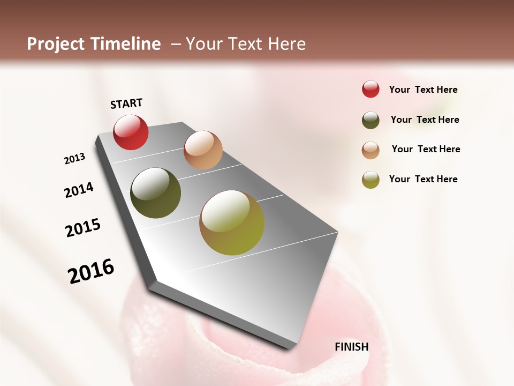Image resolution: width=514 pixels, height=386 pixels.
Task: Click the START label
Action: coord(126,103)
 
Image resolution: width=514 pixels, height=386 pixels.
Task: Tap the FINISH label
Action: coord(351,347)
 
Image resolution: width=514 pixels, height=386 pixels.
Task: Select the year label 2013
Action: coord(75,159)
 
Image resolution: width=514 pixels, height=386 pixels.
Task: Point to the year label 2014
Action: coord(79,190)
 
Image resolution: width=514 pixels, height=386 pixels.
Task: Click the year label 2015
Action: coord(83,228)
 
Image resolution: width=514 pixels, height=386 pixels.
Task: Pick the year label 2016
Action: coord(91,271)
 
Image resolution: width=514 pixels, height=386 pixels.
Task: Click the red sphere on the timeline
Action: coord(131,132)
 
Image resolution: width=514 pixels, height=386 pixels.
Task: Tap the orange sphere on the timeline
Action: coord(203,150)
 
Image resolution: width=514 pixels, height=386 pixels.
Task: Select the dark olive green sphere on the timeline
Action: coord(156,193)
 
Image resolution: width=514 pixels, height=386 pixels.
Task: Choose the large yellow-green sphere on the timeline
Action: coord(232,222)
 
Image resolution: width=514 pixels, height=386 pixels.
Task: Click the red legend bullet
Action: coord(371,89)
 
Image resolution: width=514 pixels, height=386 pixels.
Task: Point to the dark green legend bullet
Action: coord(371,120)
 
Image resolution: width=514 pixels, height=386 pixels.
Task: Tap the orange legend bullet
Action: coord(371,150)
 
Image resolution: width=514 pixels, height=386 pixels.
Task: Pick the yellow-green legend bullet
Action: coord(371,180)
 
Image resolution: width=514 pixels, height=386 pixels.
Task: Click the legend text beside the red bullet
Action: coord(423,90)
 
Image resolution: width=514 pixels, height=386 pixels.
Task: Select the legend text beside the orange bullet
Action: coord(426,149)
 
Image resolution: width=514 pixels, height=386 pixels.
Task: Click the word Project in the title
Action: coord(56,44)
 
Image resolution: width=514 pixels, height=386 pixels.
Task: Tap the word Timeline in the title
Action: coord(128,44)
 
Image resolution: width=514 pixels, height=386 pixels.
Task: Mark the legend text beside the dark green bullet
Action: coord(425,120)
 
